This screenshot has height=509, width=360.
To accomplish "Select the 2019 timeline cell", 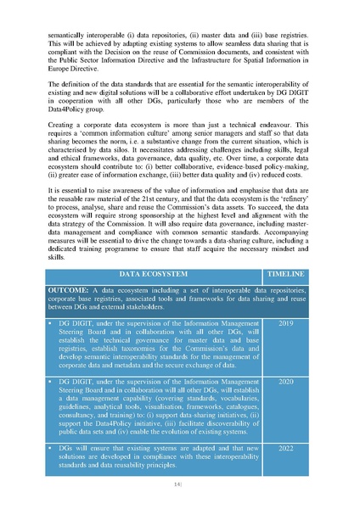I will point(286,325).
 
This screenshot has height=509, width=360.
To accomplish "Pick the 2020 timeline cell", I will point(286,383).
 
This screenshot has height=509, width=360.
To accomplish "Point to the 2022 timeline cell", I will point(286,449).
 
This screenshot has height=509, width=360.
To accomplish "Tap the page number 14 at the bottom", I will point(179,484).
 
